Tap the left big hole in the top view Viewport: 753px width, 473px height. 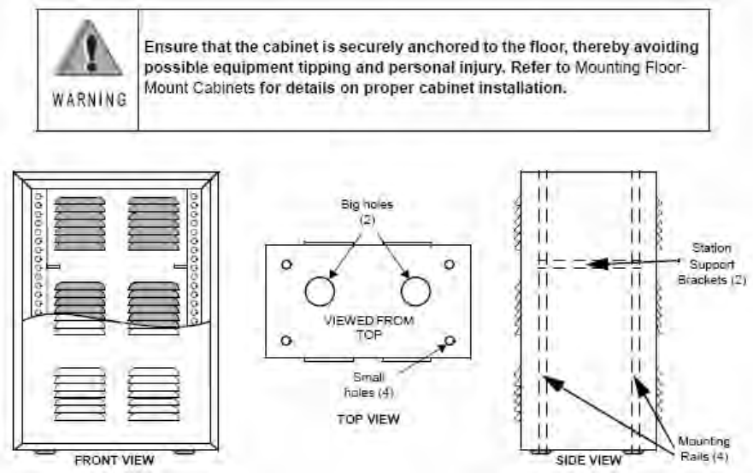pyautogui.click(x=320, y=291)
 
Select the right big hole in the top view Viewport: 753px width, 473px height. pyautogui.click(x=415, y=291)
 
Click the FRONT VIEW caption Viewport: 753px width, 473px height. pyautogui.click(x=114, y=460)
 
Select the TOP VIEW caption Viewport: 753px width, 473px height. pyautogui.click(x=368, y=419)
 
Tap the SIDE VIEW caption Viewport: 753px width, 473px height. pyautogui.click(x=589, y=460)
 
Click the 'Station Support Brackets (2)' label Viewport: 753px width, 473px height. pyautogui.click(x=712, y=264)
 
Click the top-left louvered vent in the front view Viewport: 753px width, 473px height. pyautogui.click(x=80, y=224)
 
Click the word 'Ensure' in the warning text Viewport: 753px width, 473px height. pyautogui.click(x=168, y=45)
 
